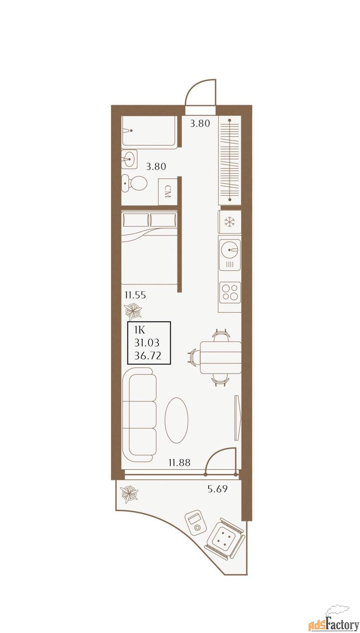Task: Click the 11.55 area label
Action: tap(135, 295)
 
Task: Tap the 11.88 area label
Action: tap(179, 463)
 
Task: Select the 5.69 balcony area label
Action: tap(217, 489)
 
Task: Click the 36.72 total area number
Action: tap(148, 356)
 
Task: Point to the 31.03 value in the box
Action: tap(147, 343)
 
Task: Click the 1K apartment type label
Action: tap(140, 330)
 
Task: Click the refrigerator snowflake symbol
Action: tap(230, 222)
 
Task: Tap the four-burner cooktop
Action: tap(230, 292)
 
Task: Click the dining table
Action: tap(221, 357)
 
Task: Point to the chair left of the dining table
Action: tap(193, 357)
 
